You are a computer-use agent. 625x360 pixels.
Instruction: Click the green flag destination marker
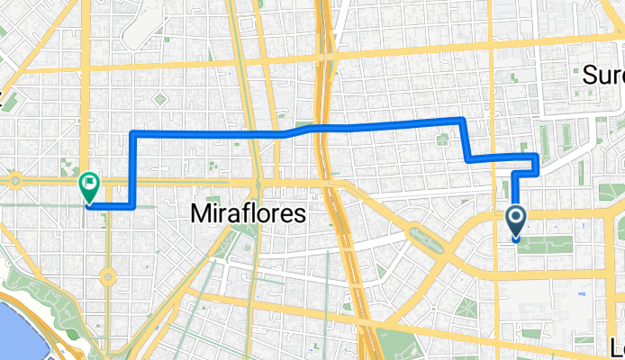[x=89, y=186]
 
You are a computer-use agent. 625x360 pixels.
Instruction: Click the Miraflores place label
[x=249, y=212]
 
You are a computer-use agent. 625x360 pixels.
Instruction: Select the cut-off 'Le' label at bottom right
[x=615, y=347]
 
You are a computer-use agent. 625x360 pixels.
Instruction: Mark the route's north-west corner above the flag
[x=133, y=133]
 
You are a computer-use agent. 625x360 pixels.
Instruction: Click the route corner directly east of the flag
[x=133, y=206]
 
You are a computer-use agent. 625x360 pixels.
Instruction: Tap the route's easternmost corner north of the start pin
[x=538, y=157]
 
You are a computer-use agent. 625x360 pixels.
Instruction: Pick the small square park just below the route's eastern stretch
[x=442, y=139]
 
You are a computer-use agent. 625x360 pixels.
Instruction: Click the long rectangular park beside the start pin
[x=549, y=240]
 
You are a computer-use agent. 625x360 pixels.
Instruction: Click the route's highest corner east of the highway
[x=462, y=119]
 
